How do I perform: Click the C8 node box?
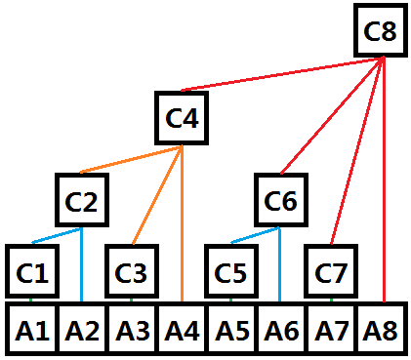379,31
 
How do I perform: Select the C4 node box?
182,119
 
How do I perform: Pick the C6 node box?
280,199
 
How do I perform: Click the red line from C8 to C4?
283,75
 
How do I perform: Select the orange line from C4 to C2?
131,161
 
